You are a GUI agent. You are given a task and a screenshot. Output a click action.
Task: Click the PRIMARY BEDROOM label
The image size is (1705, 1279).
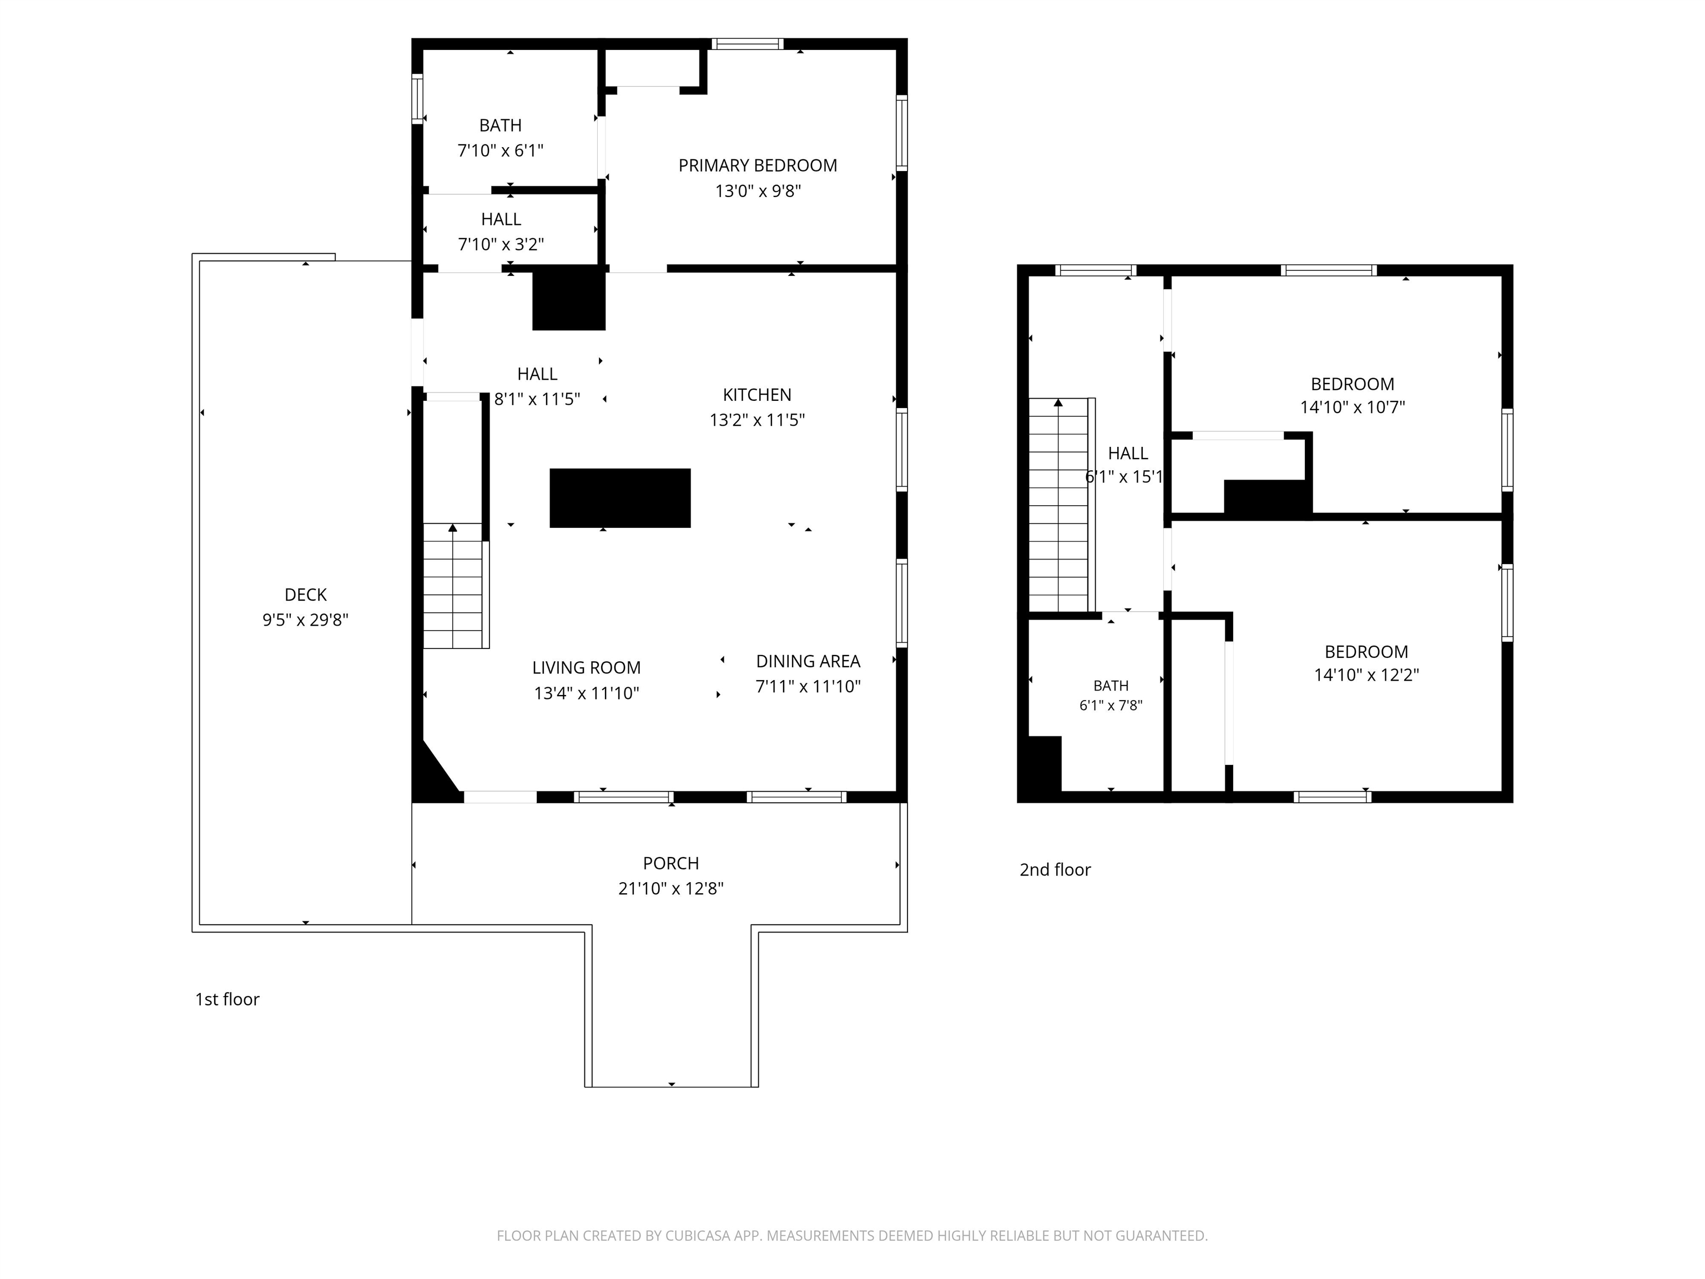[757, 166]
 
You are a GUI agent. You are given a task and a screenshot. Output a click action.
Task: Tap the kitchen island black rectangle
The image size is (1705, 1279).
[620, 498]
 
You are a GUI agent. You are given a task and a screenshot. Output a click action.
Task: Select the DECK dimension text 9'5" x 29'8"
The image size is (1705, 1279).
[305, 620]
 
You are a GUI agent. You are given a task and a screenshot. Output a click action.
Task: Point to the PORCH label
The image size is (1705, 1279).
[670, 863]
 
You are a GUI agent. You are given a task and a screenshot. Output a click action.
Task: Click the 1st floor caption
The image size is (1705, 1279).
[228, 999]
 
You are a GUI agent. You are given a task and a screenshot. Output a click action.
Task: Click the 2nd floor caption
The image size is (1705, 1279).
[1055, 870]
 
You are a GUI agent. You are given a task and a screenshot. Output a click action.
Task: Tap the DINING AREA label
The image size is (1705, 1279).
[808, 662]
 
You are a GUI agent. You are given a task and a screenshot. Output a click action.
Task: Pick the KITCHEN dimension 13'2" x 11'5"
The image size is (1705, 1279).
[757, 420]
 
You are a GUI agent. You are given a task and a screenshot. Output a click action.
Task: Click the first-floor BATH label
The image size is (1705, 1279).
[500, 125]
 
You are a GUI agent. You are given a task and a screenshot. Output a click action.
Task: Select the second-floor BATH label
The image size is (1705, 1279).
[1111, 686]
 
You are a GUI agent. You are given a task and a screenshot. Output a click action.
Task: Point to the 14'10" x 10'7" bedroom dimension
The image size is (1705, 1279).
[1353, 407]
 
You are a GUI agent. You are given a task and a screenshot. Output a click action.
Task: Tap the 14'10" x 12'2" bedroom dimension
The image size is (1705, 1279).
[1366, 674]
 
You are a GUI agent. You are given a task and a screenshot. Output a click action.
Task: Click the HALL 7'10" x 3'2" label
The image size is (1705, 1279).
[501, 232]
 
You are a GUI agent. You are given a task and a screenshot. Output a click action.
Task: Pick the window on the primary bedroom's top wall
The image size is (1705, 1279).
[748, 44]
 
